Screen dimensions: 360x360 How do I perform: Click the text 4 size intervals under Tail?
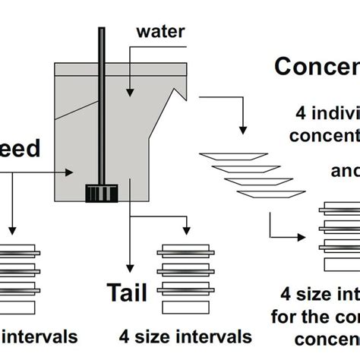pos(185,335)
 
